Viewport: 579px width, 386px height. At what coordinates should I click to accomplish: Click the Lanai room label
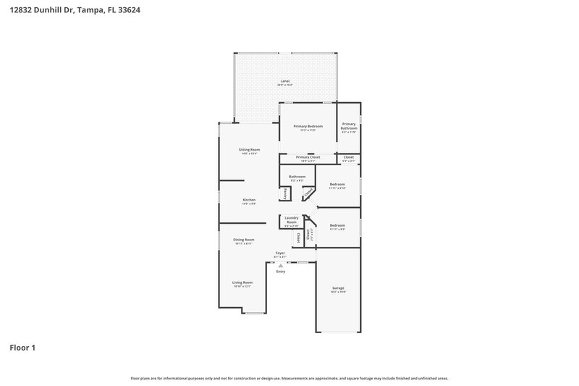(284, 80)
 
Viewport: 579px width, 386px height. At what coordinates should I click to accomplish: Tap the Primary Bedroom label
(308, 126)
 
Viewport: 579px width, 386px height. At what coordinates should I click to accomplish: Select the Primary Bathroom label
(349, 126)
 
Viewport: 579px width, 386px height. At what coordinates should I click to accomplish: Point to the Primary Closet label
(308, 156)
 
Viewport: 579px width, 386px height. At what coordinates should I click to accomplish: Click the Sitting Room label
(249, 149)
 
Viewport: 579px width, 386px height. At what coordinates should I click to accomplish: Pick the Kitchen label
(249, 199)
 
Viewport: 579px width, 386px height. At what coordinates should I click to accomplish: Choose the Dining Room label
(243, 239)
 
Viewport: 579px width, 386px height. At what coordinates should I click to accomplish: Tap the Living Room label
(242, 282)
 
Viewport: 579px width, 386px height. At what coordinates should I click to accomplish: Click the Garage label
(338, 288)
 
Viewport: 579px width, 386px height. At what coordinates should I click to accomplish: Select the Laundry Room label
(292, 219)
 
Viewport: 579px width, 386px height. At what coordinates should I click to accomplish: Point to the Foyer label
(279, 253)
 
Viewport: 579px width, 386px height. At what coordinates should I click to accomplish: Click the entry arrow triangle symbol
(280, 265)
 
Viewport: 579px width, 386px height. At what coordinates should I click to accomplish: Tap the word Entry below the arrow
(280, 272)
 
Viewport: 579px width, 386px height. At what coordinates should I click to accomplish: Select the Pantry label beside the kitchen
(286, 193)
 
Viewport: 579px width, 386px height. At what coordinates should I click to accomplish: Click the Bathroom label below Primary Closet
(297, 177)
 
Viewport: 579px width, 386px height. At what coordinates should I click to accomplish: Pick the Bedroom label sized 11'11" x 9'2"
(337, 225)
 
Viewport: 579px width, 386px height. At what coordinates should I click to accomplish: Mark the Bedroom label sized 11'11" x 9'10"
(337, 184)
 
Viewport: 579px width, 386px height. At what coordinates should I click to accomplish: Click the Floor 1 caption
(22, 348)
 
